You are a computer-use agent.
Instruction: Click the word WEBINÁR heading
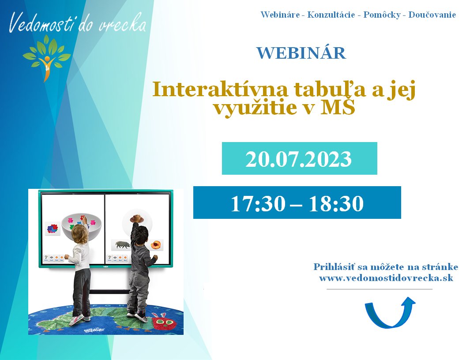(x=301, y=53)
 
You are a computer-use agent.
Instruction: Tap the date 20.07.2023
(x=298, y=159)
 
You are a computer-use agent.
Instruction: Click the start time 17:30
(x=258, y=204)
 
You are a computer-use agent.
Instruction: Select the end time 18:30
(x=336, y=204)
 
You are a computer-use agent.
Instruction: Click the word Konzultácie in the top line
(x=331, y=15)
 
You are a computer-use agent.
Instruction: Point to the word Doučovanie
(x=432, y=15)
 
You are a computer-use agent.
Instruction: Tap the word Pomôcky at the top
(x=382, y=15)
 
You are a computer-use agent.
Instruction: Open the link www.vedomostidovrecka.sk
(x=386, y=278)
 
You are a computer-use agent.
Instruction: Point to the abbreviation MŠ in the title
(x=338, y=106)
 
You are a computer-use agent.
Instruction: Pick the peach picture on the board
(x=156, y=245)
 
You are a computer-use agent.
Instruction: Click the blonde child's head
(x=79, y=233)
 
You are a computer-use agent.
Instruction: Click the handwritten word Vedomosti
(x=41, y=23)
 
